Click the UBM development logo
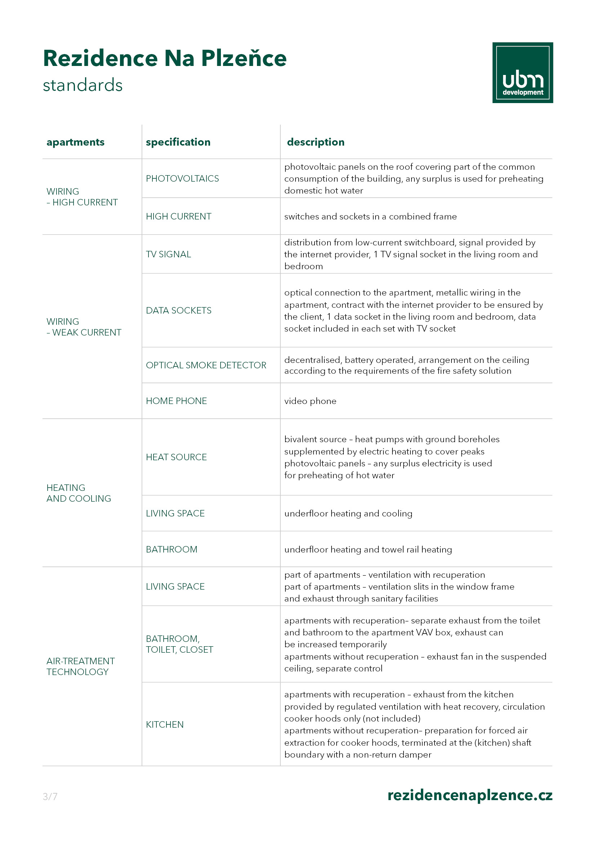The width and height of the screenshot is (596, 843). coord(522,73)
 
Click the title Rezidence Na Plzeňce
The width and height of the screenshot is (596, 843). coord(165,58)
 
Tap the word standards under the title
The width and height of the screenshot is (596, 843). coord(83,85)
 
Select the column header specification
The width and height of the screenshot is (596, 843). coord(178,142)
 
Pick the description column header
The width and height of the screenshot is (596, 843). coord(316,142)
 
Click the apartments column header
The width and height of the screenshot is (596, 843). coord(75,142)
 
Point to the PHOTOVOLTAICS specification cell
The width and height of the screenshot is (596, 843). coord(182,178)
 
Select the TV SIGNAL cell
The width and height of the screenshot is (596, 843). coord(168,254)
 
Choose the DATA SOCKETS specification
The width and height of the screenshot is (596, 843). coord(178,310)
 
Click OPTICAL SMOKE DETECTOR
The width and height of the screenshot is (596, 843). coord(206,365)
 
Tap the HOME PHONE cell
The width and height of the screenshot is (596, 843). coord(176,400)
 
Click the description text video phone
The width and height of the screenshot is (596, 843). coord(310,401)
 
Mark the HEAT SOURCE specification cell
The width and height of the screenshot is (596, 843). coord(176,457)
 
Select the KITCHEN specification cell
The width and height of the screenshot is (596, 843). coord(164,724)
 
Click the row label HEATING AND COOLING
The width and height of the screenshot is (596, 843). coord(79,493)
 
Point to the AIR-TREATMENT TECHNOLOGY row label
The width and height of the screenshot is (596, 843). coord(80,666)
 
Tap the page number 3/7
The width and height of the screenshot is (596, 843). coord(50,797)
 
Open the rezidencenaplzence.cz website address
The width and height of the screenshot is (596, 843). coord(470,795)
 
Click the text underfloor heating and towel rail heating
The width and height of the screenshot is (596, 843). coord(368,549)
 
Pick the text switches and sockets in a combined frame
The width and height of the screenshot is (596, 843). coord(370,216)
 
